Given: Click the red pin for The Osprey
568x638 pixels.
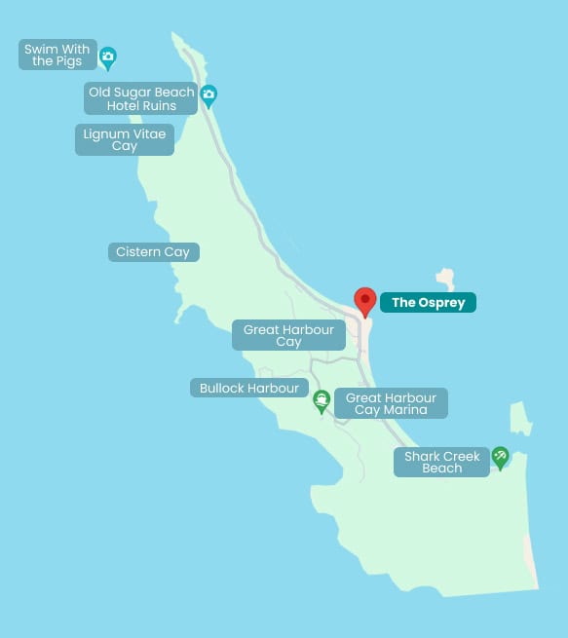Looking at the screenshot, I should (x=365, y=301).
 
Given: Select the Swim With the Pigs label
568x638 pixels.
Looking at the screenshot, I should (x=58, y=55).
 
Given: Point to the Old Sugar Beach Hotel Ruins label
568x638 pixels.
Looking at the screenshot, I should (x=141, y=98).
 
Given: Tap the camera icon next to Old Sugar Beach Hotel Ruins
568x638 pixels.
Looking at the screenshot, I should (x=208, y=95).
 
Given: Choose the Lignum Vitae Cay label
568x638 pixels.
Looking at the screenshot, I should (x=125, y=140).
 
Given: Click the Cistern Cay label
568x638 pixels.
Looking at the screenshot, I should (x=153, y=252).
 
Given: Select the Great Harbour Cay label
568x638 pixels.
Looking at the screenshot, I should (x=288, y=335).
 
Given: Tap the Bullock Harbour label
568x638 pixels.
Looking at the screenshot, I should (x=248, y=388).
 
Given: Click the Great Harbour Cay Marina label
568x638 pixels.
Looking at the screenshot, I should (x=391, y=403).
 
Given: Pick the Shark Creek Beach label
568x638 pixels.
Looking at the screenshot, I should (x=441, y=462).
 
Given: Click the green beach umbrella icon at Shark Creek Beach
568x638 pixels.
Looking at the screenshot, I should (x=500, y=456).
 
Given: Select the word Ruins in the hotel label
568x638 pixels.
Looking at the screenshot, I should (x=157, y=105).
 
